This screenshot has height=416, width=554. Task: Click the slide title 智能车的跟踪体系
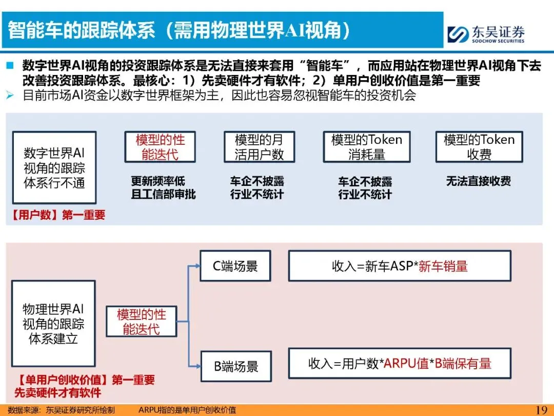(x=180, y=30)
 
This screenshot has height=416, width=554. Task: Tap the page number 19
(x=541, y=409)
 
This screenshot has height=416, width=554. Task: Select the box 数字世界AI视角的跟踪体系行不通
(x=54, y=167)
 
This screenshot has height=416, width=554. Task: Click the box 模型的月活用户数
(x=259, y=147)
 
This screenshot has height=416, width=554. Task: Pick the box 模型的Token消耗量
(x=366, y=147)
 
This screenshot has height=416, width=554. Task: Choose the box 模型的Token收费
(x=479, y=147)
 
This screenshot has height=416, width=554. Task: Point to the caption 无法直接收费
(x=478, y=181)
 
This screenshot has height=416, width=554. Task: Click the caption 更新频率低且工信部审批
(x=163, y=187)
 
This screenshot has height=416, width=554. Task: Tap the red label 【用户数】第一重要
(x=57, y=215)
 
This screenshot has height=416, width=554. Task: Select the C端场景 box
(x=235, y=266)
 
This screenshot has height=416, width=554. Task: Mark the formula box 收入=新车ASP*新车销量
(x=400, y=266)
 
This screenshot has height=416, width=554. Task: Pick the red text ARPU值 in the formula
(x=406, y=364)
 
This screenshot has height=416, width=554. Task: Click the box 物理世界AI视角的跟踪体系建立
(x=53, y=324)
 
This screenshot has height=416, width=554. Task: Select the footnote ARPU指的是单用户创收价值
(x=187, y=410)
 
